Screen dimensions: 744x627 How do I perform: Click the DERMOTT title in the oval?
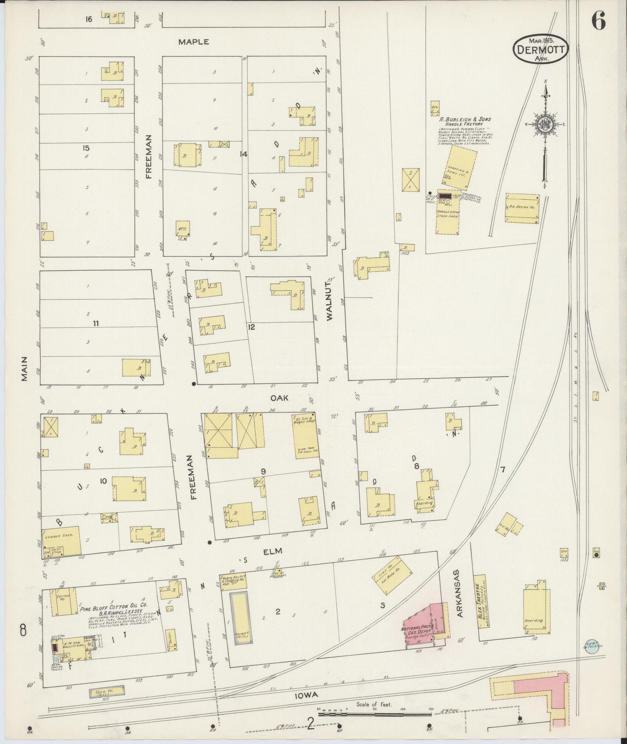pos(541,49)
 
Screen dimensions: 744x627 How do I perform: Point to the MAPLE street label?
pos(194,42)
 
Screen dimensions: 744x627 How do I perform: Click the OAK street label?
pos(279,398)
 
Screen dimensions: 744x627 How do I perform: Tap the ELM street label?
pos(273,551)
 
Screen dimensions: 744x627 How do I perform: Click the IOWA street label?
pos(307,695)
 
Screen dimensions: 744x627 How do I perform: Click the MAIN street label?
pos(24,369)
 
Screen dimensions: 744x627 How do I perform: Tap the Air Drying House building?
pos(522,208)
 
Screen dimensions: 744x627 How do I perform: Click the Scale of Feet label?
pos(374,704)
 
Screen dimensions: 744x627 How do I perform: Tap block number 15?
pos(86,148)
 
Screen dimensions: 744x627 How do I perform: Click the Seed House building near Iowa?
pos(107,691)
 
